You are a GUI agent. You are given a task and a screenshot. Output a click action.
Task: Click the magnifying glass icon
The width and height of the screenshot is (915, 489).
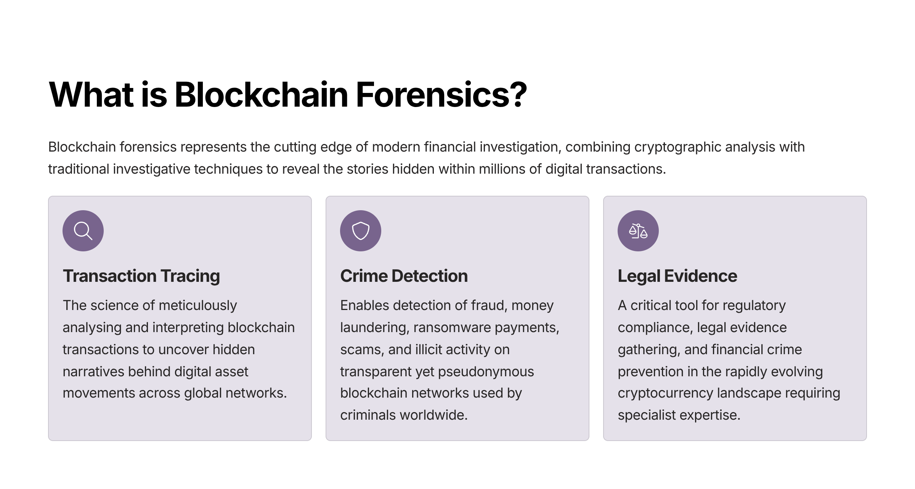click(83, 231)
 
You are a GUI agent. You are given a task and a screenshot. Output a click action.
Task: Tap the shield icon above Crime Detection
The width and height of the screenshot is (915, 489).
click(361, 231)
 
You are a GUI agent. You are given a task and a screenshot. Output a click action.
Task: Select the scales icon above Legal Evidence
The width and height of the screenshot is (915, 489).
click(638, 231)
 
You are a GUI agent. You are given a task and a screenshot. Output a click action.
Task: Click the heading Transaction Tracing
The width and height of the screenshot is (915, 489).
click(141, 276)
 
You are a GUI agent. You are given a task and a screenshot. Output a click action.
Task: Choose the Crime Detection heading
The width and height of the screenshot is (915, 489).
click(404, 276)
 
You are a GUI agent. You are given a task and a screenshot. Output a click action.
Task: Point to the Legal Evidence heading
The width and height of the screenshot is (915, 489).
click(677, 276)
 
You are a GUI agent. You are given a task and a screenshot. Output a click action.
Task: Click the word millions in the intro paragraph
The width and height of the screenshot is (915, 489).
click(501, 169)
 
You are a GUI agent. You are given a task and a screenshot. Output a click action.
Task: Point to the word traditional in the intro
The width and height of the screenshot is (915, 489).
click(79, 169)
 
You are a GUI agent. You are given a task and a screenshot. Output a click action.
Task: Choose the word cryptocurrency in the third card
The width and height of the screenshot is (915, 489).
click(665, 393)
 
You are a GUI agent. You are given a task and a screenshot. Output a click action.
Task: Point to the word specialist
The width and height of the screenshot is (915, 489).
click(647, 415)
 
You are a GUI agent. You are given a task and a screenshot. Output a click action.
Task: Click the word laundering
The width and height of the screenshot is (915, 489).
click(374, 328)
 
